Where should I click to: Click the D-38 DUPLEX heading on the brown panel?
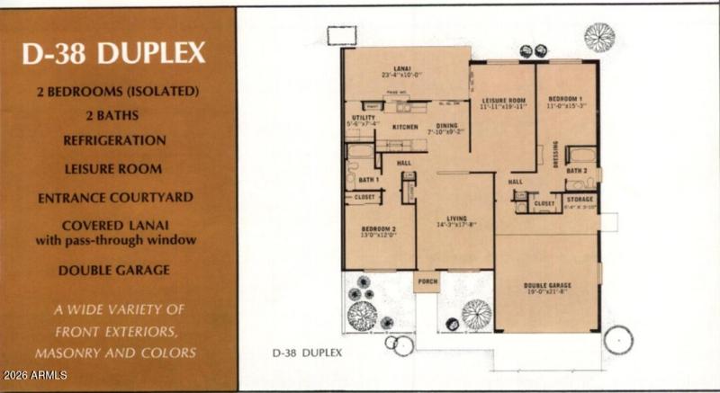coord(114,53)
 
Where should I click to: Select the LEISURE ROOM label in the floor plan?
coord(503,101)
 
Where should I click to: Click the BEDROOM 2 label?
coord(380,229)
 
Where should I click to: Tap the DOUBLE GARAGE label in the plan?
coord(547,286)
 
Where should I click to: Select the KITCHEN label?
coord(404,127)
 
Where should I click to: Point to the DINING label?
coord(446,126)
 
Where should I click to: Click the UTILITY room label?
coord(362,117)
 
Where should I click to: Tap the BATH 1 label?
coord(368,179)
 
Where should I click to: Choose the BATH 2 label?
coord(577,170)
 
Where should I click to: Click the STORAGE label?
coord(580,201)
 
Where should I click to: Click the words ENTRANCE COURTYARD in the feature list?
coord(114,197)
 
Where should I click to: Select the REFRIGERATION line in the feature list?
coord(114,140)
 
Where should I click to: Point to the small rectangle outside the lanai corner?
coord(341,34)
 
